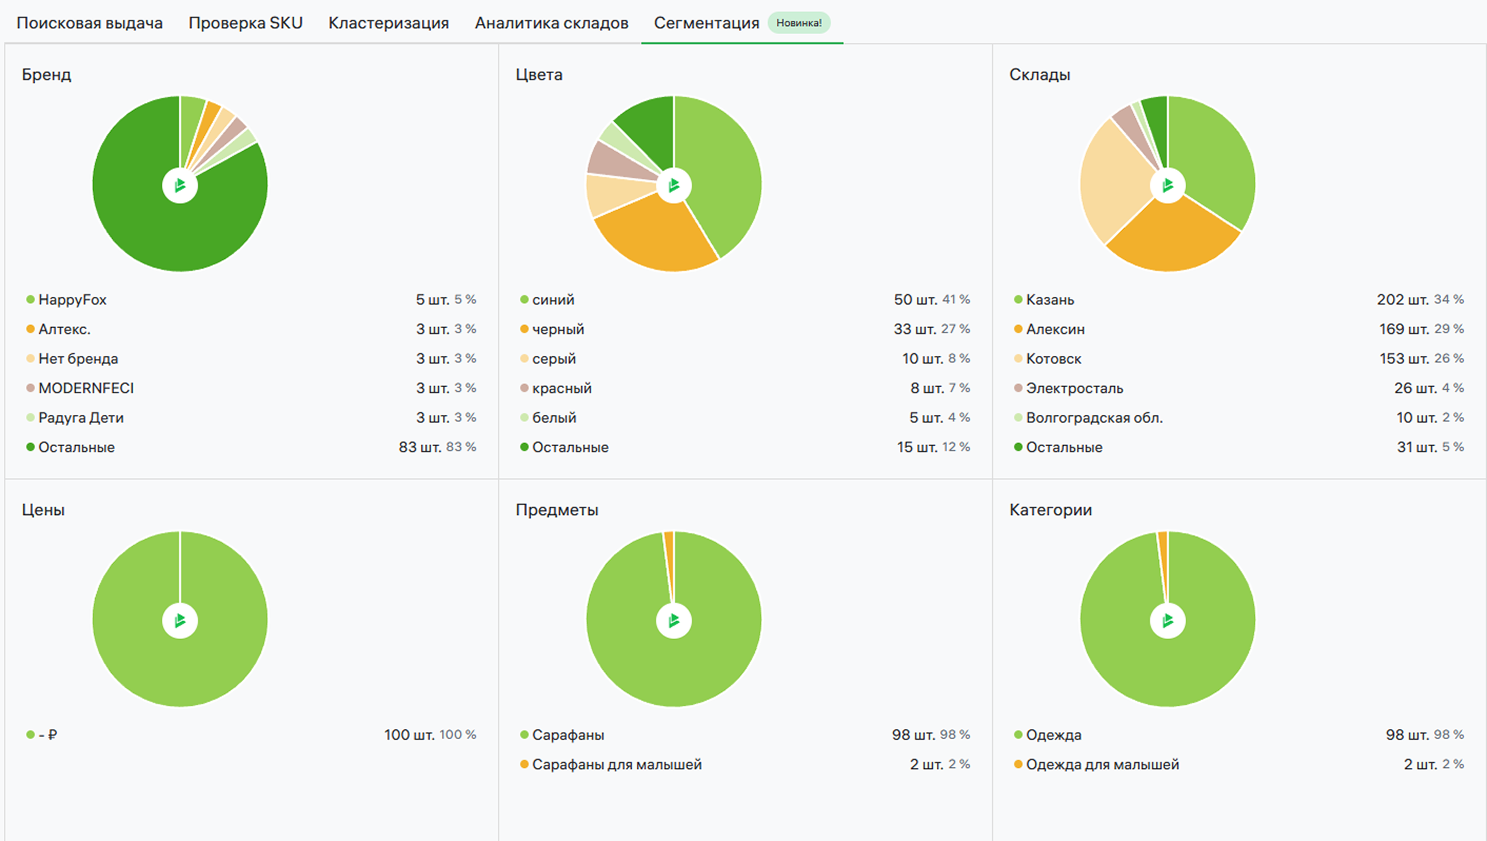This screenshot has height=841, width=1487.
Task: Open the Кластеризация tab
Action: tap(389, 23)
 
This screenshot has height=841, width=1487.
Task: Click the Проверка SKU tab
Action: tap(245, 23)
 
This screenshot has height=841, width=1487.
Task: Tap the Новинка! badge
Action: tap(798, 23)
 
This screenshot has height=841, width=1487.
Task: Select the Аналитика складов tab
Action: tap(551, 23)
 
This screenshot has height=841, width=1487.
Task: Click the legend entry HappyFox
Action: tap(72, 300)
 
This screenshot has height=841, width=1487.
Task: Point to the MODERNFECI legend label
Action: tap(86, 388)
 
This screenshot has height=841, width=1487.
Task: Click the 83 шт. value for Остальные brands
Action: tap(420, 447)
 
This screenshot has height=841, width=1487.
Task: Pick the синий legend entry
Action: tap(553, 300)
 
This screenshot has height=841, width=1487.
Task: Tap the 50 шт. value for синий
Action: tap(916, 300)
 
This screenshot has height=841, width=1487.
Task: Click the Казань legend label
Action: tap(1049, 300)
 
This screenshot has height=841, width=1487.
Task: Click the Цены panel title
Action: tap(43, 510)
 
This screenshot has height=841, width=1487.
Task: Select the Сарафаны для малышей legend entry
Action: tap(617, 765)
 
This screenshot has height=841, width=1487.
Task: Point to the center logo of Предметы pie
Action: tap(673, 620)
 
